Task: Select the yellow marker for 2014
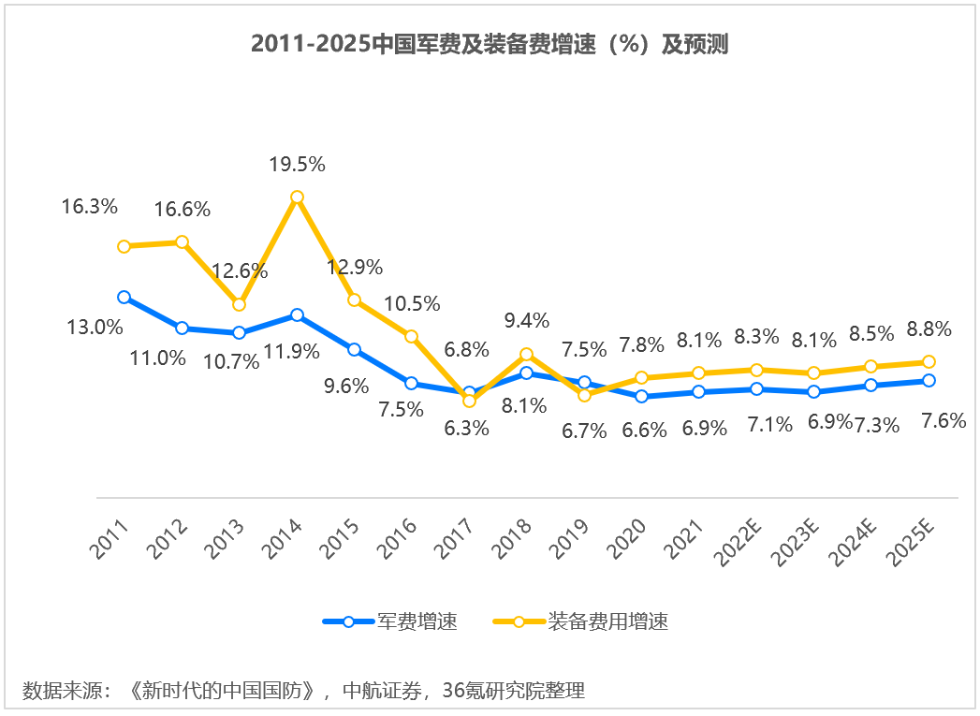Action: coord(297,197)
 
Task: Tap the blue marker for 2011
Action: coord(124,297)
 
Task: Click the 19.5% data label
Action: coord(297,165)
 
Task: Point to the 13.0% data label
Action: coord(95,327)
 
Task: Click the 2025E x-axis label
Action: coord(913,544)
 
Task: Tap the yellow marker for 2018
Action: coord(526,354)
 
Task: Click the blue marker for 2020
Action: coord(641,396)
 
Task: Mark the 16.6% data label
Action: coord(183,210)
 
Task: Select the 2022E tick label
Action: coord(740,544)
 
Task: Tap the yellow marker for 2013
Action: coord(239,304)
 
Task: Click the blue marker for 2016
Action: coord(411,383)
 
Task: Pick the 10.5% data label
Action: coord(412,303)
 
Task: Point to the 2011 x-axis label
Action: coord(111,539)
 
